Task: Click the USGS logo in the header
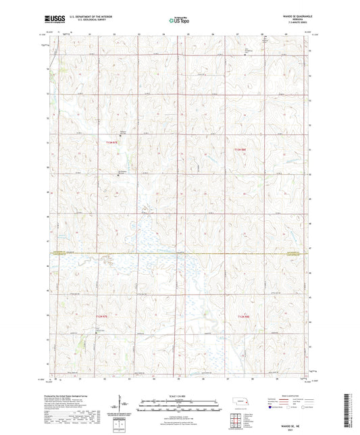click(x=51, y=20)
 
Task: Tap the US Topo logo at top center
click(x=179, y=20)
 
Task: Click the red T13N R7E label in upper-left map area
click(x=112, y=143)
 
